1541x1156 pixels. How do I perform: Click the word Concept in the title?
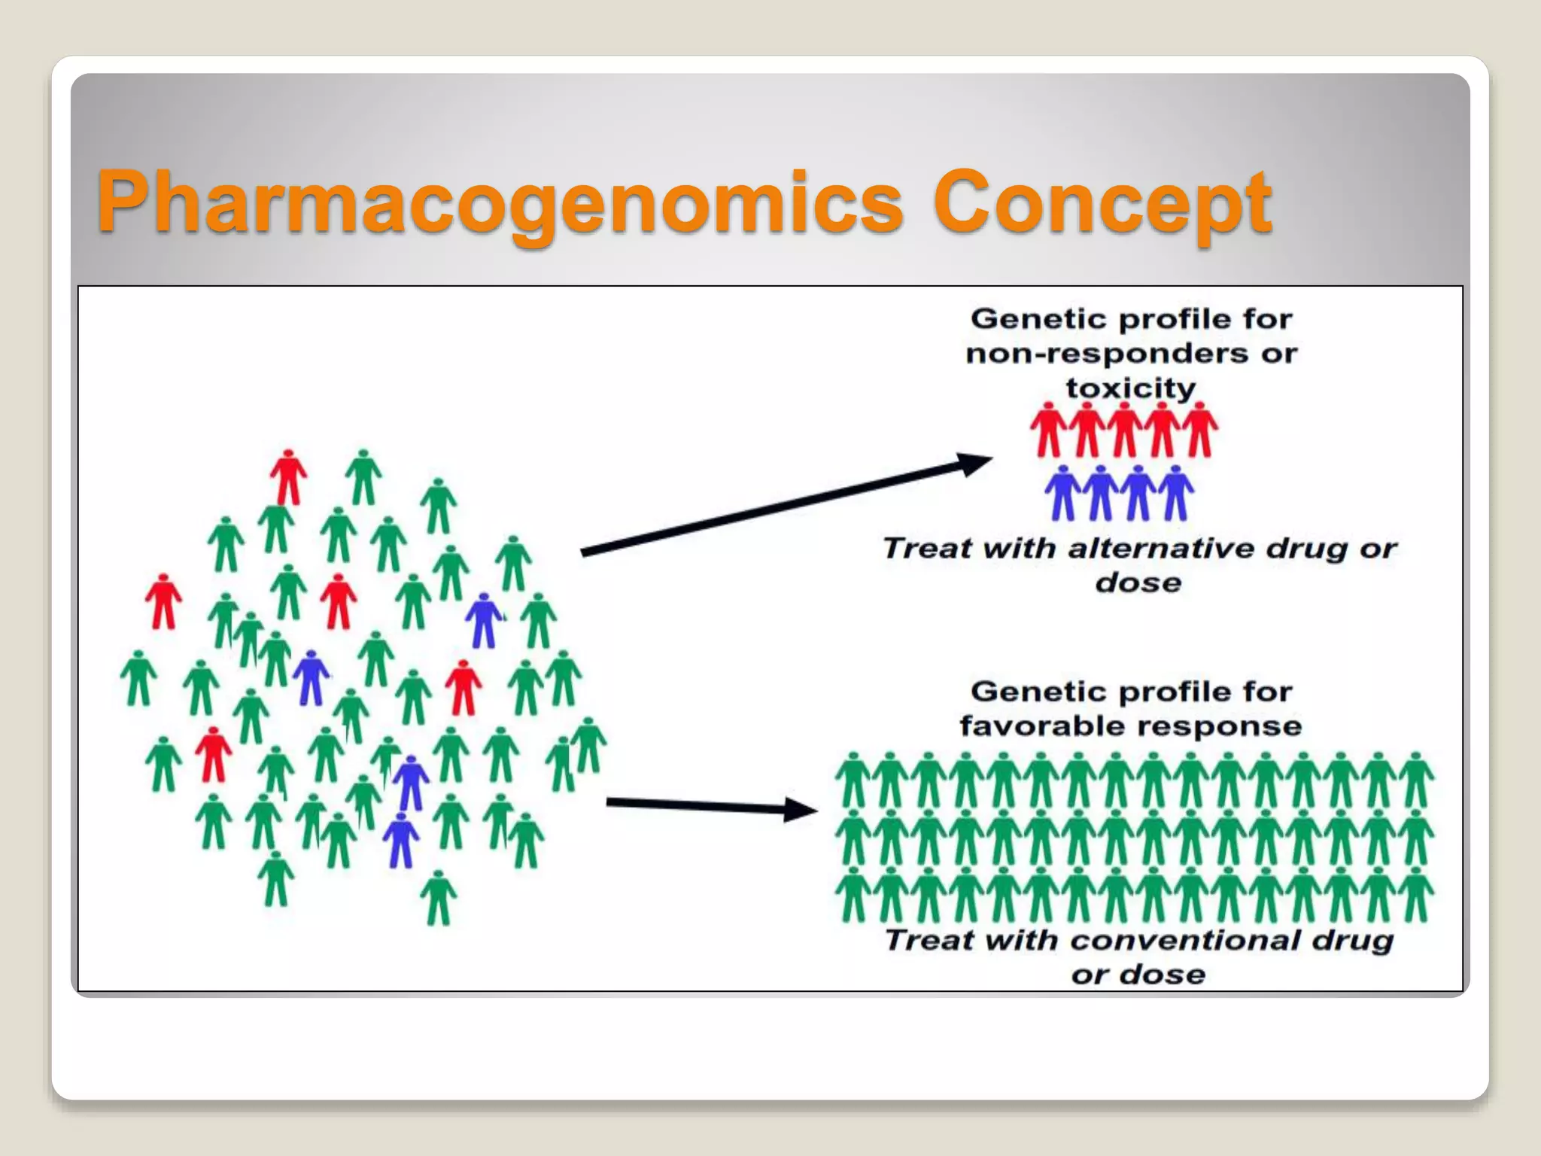[1102, 202]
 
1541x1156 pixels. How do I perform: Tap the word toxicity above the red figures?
[1130, 388]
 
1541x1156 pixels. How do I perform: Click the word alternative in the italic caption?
[1163, 548]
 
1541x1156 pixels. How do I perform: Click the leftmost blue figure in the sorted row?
[1063, 494]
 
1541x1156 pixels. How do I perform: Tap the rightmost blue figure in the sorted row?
[1176, 494]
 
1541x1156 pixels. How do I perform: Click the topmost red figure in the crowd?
[288, 477]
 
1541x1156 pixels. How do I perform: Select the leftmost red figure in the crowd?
[163, 601]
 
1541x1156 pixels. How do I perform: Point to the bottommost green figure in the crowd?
[438, 898]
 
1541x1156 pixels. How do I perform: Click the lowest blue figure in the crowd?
[401, 840]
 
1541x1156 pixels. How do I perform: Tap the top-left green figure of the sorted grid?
[853, 780]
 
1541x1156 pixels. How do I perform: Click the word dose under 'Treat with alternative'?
[1138, 583]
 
